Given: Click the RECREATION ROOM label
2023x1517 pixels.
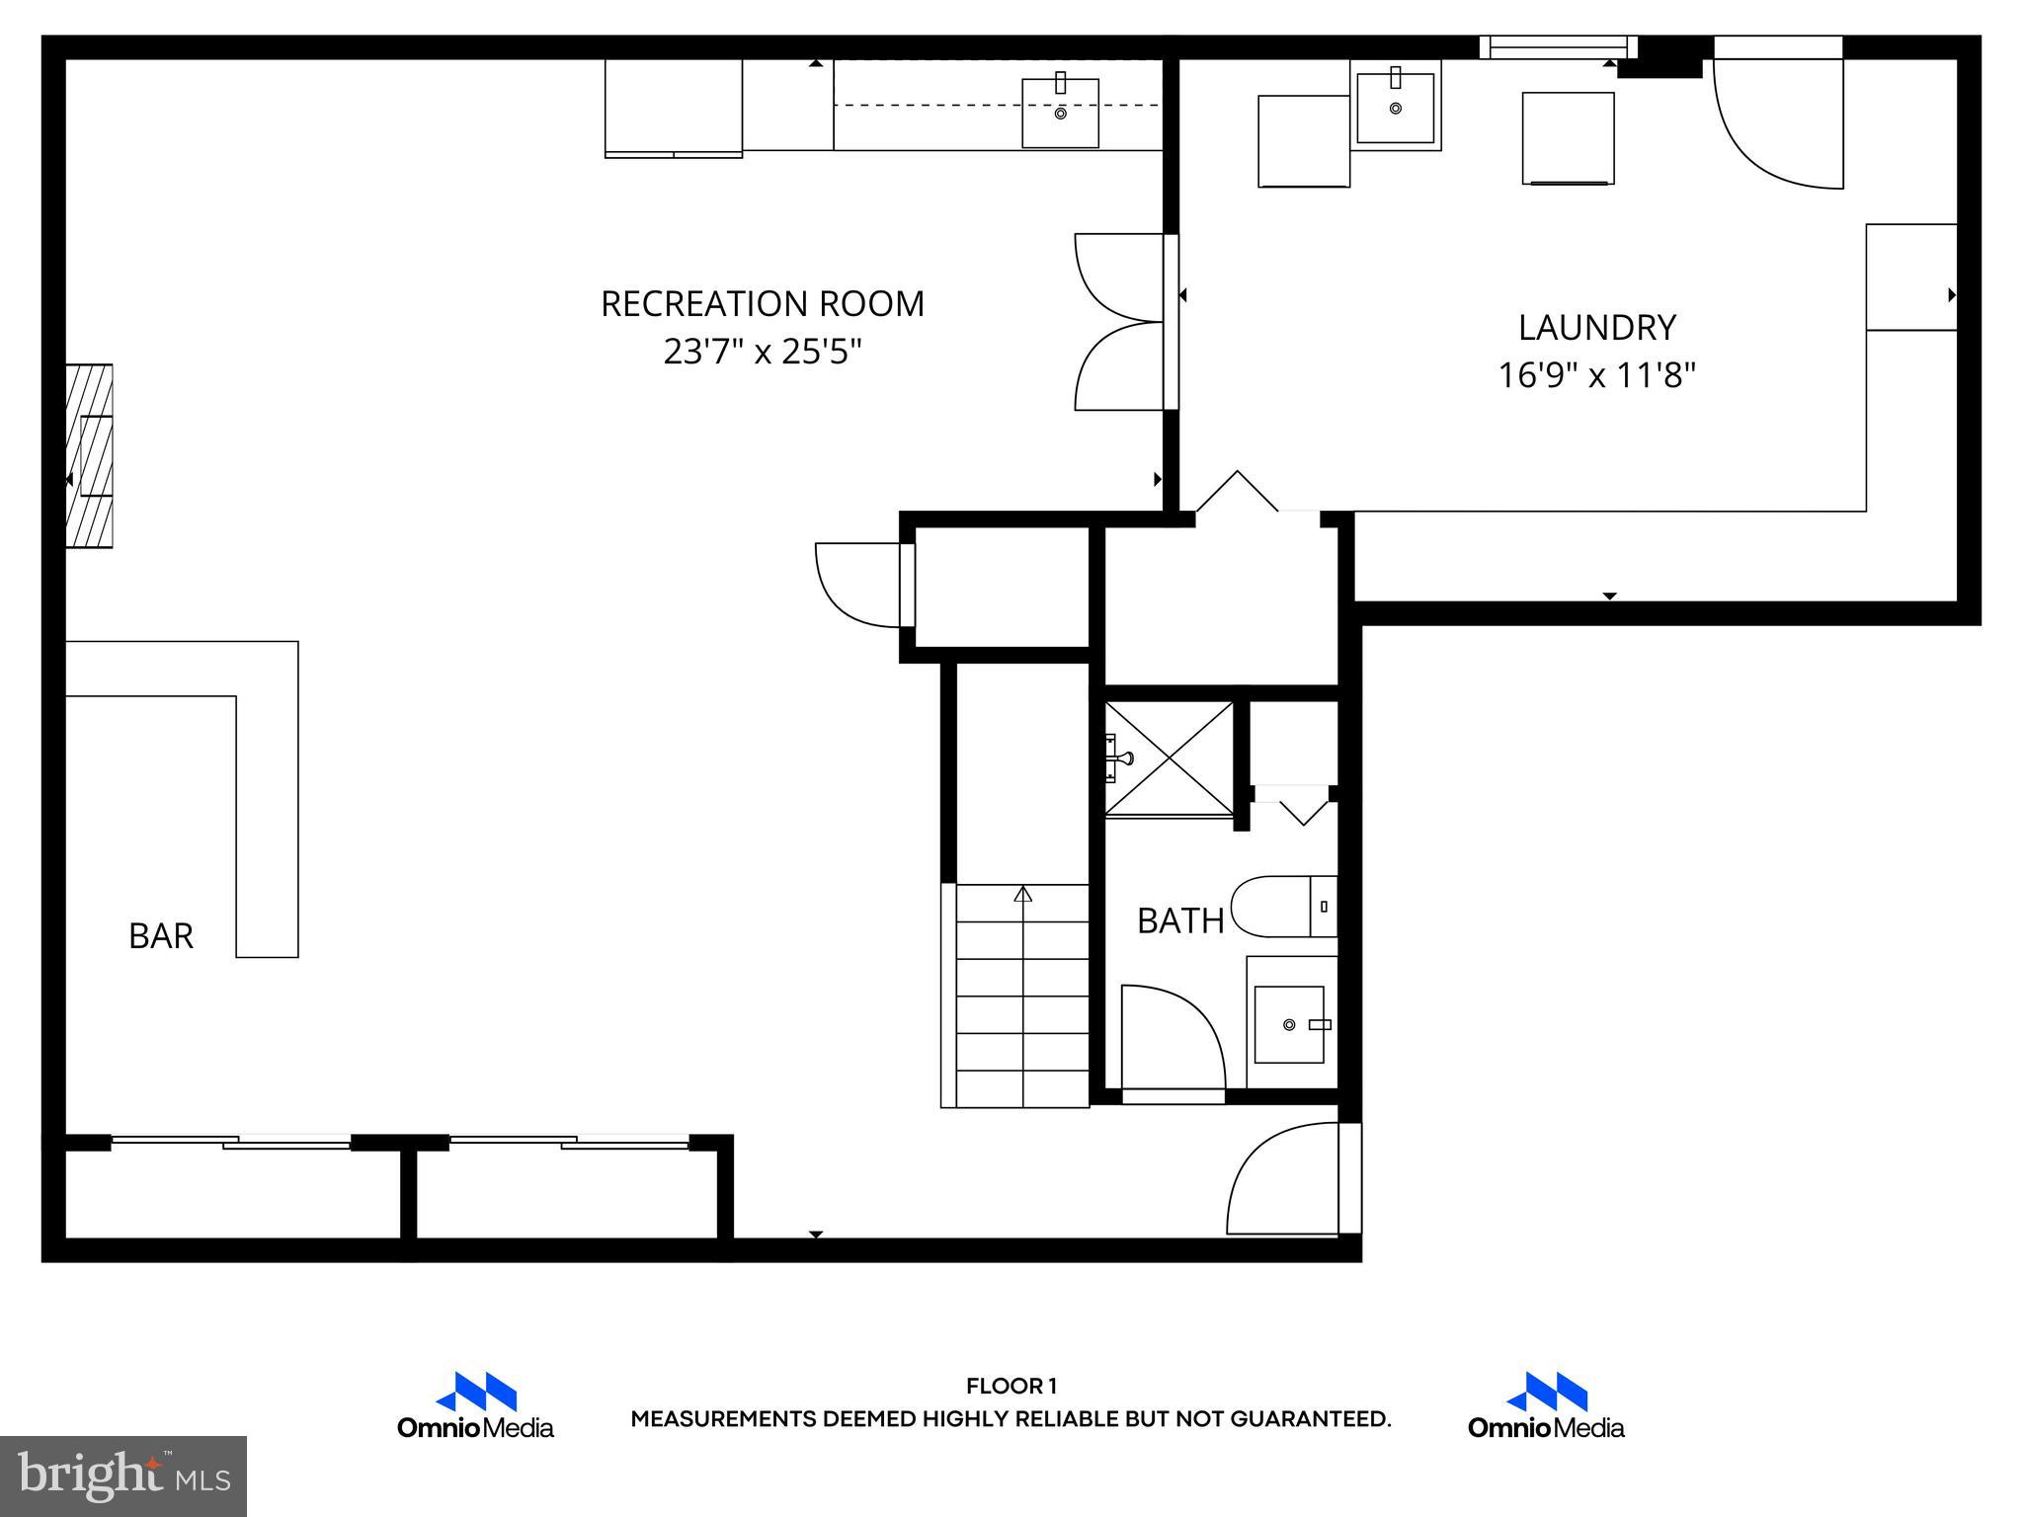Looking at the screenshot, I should pyautogui.click(x=763, y=303).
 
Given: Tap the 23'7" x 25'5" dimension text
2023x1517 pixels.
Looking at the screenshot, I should pyautogui.click(x=763, y=352).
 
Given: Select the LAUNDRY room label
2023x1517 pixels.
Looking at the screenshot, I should pyautogui.click(x=1596, y=327).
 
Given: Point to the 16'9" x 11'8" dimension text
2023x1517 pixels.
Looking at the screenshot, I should pyautogui.click(x=1596, y=375).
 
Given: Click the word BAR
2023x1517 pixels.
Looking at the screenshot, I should pyautogui.click(x=161, y=935).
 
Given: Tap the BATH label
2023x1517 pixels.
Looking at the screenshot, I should pyautogui.click(x=1180, y=920).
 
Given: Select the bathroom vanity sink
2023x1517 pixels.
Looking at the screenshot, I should pyautogui.click(x=1289, y=1024).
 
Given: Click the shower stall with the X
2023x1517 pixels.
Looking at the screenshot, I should pyautogui.click(x=1169, y=758).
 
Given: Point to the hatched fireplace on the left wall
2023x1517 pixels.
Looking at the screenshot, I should pyautogui.click(x=89, y=455).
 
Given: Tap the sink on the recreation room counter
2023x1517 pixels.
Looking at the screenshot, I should pyautogui.click(x=1060, y=113).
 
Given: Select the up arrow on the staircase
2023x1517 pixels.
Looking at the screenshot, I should pyautogui.click(x=1023, y=894).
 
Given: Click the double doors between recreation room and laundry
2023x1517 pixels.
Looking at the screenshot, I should pyautogui.click(x=1121, y=322).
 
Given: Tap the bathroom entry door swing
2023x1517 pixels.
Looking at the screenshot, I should pyautogui.click(x=1173, y=1037).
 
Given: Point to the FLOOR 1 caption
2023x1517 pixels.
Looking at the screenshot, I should pyautogui.click(x=1011, y=1387).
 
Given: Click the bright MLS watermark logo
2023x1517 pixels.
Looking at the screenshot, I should pyautogui.click(x=122, y=1476).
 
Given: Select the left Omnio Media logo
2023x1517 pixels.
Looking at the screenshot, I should pyautogui.click(x=475, y=1404).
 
